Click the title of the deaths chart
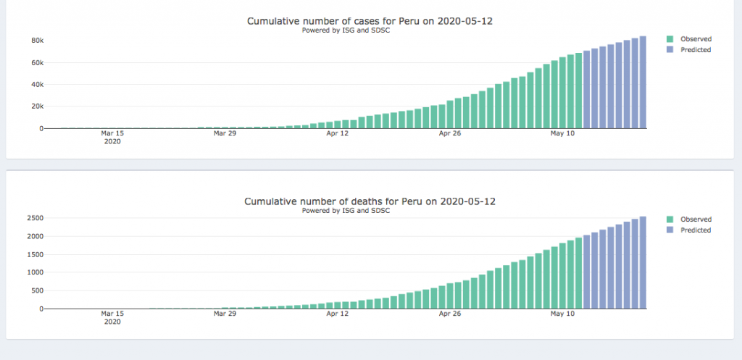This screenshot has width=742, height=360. (x=370, y=201)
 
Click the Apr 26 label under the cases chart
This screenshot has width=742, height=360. (x=449, y=133)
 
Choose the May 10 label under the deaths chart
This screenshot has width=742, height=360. (x=562, y=314)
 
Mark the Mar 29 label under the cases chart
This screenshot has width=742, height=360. (x=225, y=133)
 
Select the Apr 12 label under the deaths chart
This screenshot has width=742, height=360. (x=337, y=314)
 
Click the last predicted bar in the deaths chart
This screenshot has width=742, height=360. (x=643, y=262)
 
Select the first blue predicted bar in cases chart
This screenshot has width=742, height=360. (x=586, y=90)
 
